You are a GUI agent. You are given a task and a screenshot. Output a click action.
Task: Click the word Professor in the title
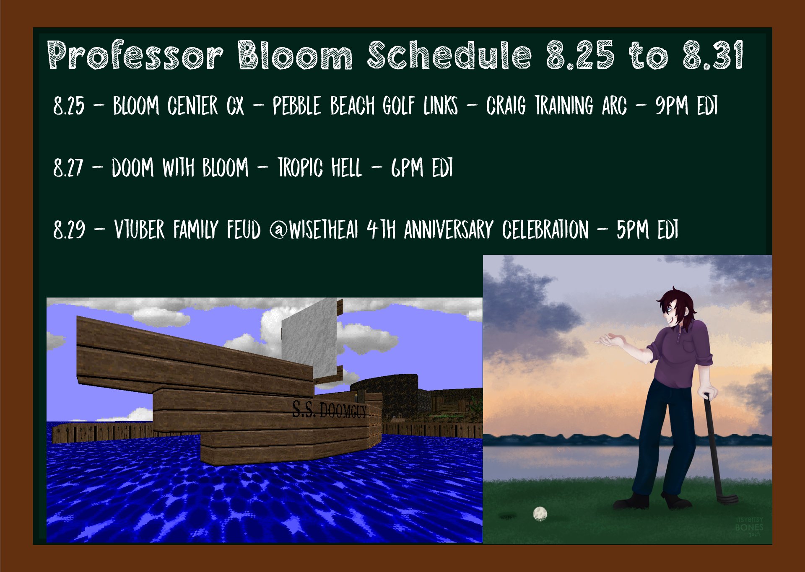pyautogui.click(x=135, y=55)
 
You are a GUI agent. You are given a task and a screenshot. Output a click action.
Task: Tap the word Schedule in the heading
pyautogui.click(x=449, y=55)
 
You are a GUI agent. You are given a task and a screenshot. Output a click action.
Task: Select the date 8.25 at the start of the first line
pyautogui.click(x=69, y=106)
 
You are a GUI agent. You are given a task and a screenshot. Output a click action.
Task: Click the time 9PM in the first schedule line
pyautogui.click(x=672, y=105)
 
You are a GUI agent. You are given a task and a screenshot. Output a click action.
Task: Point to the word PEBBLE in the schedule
pyautogui.click(x=297, y=106)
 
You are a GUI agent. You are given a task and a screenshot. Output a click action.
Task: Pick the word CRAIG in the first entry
pyautogui.click(x=506, y=106)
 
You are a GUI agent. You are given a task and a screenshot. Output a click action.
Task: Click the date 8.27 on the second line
pyautogui.click(x=68, y=168)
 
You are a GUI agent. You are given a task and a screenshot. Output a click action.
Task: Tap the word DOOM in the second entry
pyautogui.click(x=132, y=168)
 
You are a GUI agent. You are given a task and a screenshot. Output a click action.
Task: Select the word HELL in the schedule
pyautogui.click(x=346, y=168)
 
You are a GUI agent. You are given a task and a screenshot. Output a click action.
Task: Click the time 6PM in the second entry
pyautogui.click(x=407, y=168)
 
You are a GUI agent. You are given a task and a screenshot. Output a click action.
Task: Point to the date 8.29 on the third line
pyautogui.click(x=69, y=230)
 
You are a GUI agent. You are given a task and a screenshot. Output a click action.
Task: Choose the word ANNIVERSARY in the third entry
pyautogui.click(x=449, y=230)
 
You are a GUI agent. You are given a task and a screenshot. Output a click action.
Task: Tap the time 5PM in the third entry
pyautogui.click(x=633, y=230)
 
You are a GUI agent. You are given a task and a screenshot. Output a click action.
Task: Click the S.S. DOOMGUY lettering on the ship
pyautogui.click(x=329, y=409)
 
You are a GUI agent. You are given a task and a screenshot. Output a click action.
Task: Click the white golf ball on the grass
pyautogui.click(x=540, y=513)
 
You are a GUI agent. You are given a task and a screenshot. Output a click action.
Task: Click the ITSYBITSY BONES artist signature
pyautogui.click(x=749, y=527)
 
